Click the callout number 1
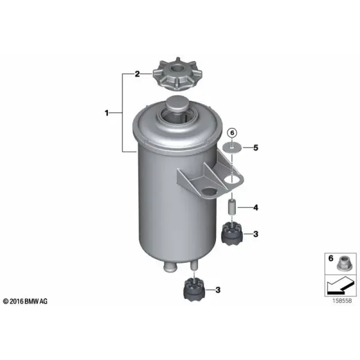[107, 113]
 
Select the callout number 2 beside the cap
[137, 74]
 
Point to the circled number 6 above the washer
[232, 133]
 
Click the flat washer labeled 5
[232, 148]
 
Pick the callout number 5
[256, 148]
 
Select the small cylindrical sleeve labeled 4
[232, 207]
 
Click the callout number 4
[256, 208]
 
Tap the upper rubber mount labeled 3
[232, 234]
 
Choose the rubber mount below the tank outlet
[194, 290]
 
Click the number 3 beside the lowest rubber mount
[218, 290]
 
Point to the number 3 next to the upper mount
[256, 234]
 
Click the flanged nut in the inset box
[343, 263]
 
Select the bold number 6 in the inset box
[331, 258]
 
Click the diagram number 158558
[342, 301]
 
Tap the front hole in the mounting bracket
[209, 191]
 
